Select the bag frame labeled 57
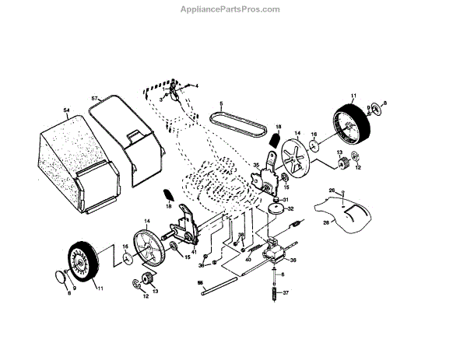tap(125, 144)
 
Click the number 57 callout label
tap(95, 98)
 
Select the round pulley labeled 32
tap(276, 209)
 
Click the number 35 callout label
tap(255, 164)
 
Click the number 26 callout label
tap(331, 190)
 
